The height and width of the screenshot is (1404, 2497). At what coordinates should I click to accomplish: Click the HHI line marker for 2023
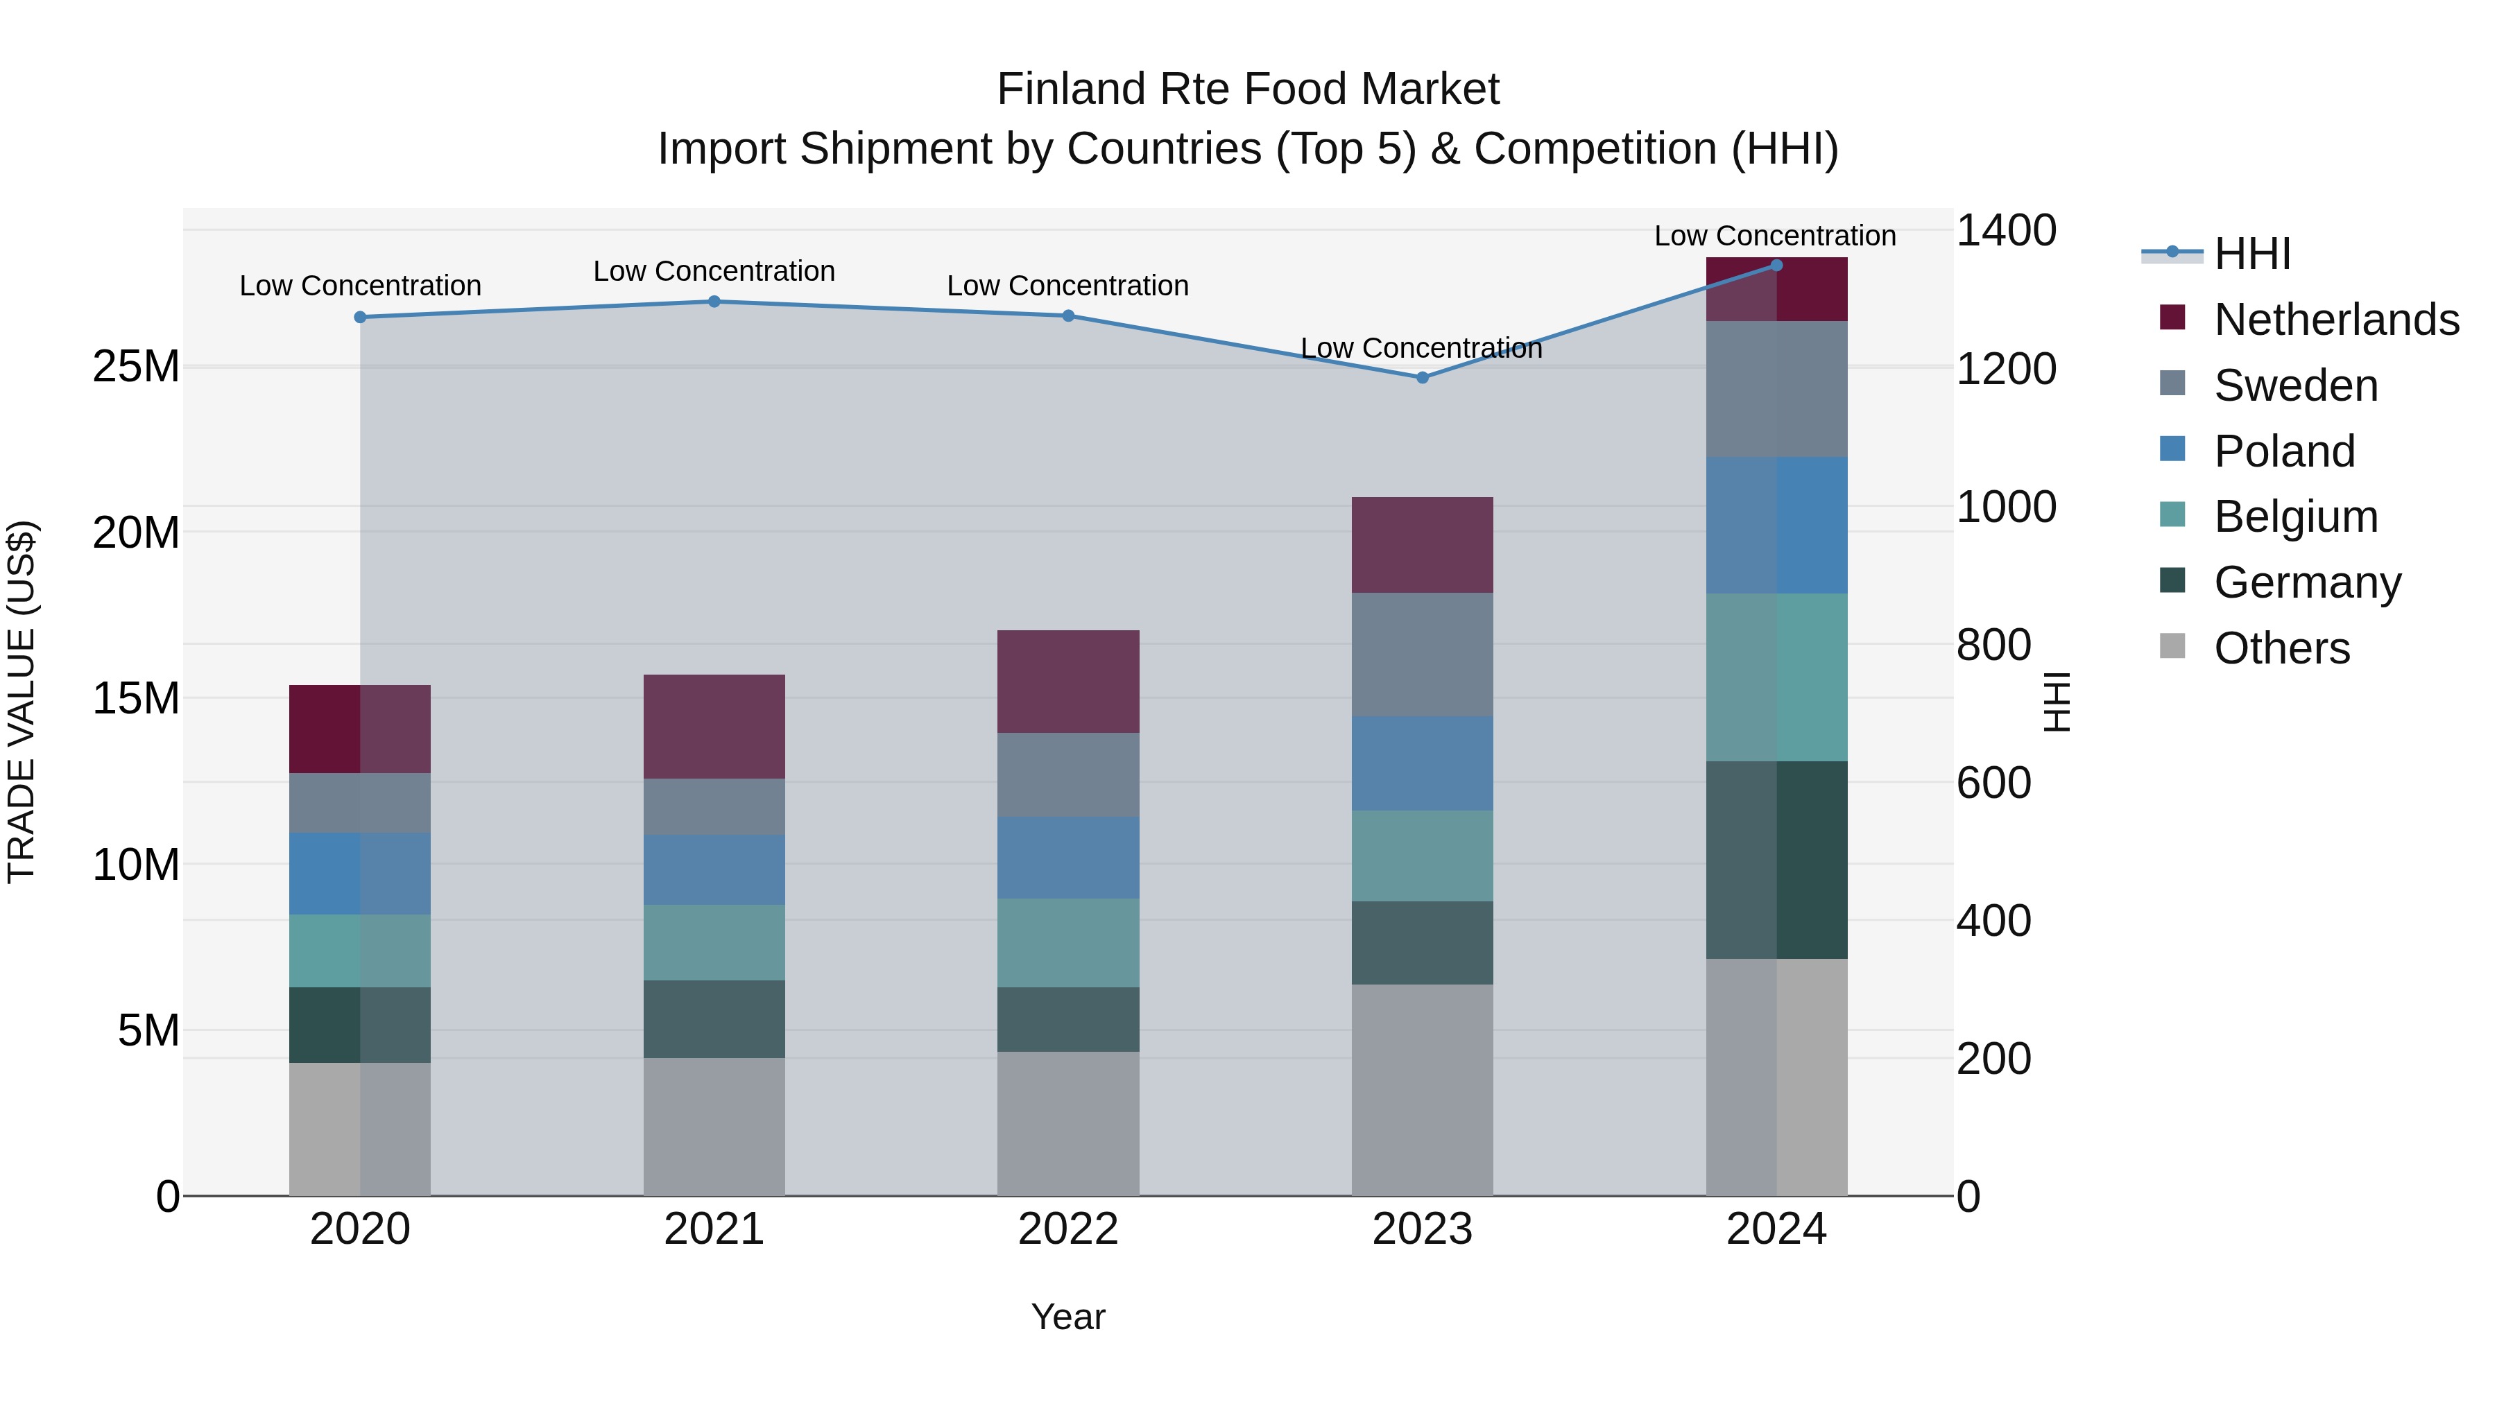(1422, 377)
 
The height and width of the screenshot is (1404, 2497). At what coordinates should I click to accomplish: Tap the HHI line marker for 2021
(714, 302)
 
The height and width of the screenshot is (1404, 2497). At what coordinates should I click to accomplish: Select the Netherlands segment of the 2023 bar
(1422, 544)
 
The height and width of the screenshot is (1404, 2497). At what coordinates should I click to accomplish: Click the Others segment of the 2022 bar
(1068, 1123)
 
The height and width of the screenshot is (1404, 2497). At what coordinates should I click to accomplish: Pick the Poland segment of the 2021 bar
(714, 869)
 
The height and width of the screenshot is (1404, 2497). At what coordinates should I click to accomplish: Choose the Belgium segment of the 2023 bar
(1422, 856)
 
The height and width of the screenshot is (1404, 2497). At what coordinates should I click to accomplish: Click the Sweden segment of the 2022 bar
(1068, 774)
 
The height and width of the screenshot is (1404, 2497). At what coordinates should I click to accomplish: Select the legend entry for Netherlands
(2336, 320)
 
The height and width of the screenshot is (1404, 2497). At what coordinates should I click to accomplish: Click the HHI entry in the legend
(2251, 254)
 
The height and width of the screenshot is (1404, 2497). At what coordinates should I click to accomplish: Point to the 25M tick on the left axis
(136, 366)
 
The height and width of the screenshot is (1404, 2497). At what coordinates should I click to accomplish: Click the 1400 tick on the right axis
(2005, 231)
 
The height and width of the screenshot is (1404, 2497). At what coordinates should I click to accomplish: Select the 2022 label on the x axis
(1068, 1229)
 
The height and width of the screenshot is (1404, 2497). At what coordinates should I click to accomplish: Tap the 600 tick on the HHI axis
(1993, 782)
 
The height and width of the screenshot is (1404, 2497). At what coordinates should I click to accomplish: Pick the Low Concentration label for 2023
(1421, 348)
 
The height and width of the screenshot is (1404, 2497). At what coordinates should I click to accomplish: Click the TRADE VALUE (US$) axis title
(22, 702)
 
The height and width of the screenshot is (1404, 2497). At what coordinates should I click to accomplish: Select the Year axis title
(1068, 1317)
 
